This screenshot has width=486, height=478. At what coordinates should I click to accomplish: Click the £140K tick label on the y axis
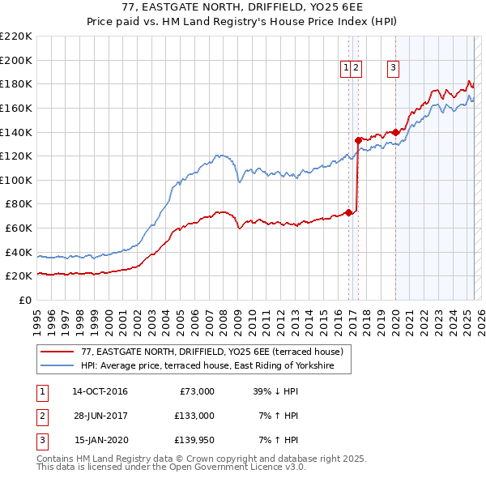pos(16,131)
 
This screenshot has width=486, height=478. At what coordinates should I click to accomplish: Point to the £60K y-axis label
pos(19,228)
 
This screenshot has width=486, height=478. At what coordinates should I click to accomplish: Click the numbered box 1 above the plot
pos(346,68)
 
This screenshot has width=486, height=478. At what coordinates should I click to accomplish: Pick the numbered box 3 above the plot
pos(393,68)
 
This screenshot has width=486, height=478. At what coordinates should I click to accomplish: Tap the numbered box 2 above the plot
pos(356,68)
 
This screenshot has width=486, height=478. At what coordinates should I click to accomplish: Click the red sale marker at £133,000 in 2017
pos(358,139)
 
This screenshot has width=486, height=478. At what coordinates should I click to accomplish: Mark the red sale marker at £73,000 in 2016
pos(348,212)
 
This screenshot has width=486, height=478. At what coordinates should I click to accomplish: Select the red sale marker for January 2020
pos(395,131)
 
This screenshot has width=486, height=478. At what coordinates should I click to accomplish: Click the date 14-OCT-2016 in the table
pos(100,391)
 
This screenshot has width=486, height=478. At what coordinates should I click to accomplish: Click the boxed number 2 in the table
pos(40,416)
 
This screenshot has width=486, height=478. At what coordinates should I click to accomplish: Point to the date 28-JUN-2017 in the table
pos(100,416)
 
